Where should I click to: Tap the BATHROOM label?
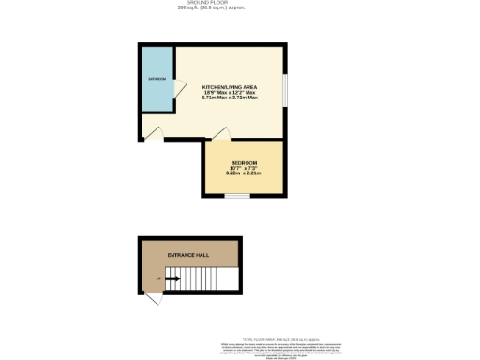pos(156,79)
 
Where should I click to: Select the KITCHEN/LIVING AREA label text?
pos(230,87)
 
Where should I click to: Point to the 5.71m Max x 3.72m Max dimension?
pos(230,98)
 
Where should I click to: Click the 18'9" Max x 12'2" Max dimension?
pos(230,93)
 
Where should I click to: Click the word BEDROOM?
pos(244,163)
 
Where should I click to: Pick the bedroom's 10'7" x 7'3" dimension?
pos(244,169)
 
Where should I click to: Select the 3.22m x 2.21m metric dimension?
pos(244,174)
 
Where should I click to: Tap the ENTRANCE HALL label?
pos(187,255)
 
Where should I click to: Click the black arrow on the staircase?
pos(173,278)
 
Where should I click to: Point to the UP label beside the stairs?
pos(158,278)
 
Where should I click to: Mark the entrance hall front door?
pos(153,297)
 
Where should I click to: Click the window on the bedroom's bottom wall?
pos(236,196)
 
